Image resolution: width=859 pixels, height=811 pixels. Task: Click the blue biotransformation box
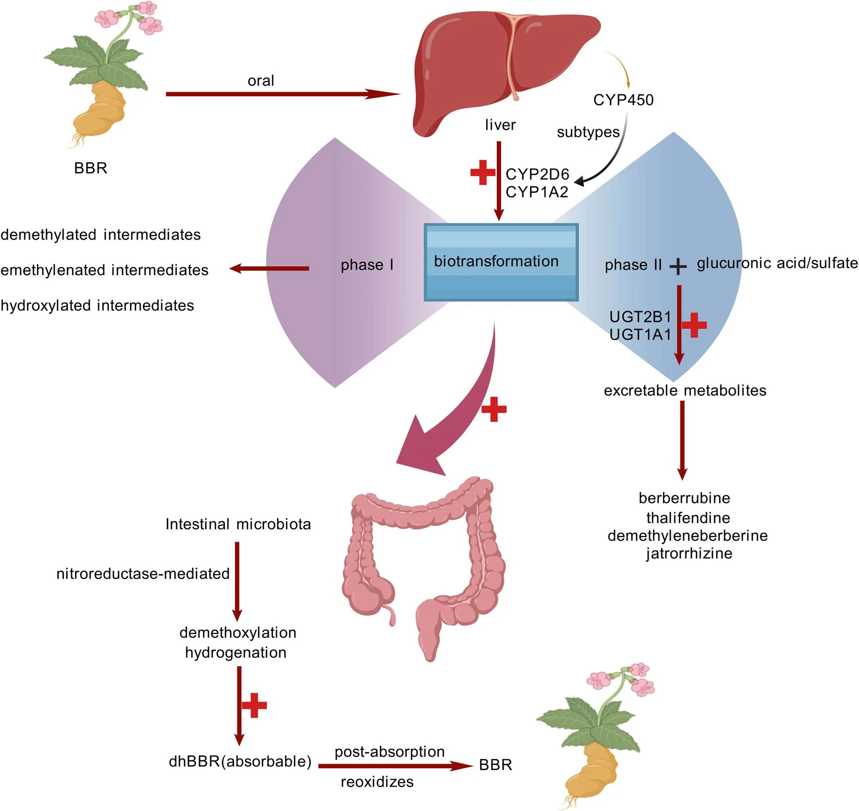pos(501,262)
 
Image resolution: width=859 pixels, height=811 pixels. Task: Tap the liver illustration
pos(504,70)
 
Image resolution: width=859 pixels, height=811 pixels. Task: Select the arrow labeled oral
pos(283,94)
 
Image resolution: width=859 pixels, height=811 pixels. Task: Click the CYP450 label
pos(623,100)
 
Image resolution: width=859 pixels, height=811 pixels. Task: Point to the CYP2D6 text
pos(537,174)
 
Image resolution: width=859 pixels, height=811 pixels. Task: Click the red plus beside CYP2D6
pos(482,172)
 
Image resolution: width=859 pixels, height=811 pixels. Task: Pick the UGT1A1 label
pos(640,334)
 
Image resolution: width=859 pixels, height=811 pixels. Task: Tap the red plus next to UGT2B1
pos(694,325)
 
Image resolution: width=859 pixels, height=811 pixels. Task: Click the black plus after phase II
pos(678,266)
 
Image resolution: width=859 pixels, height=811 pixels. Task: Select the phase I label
pos(367,265)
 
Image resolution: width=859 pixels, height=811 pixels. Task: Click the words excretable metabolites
pos(685,390)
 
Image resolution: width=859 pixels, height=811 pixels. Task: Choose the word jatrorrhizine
pos(689,553)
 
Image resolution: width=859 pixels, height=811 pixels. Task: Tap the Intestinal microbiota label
pos(238,524)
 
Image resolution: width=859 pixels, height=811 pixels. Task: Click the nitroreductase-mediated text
pos(143,573)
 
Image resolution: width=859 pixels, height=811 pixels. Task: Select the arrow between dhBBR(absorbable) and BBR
pos(396,766)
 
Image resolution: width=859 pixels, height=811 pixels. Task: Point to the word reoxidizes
pos(377,782)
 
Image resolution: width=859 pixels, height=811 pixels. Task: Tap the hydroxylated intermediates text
pos(97,305)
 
